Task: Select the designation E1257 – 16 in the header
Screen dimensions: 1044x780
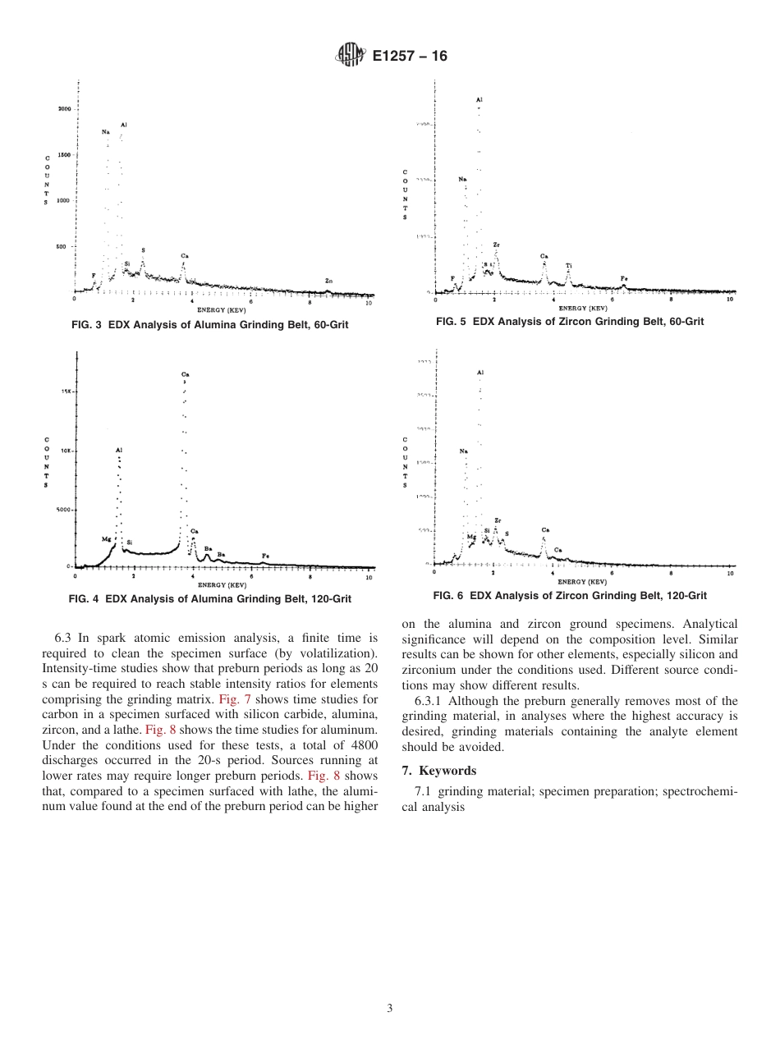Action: pyautogui.click(x=409, y=56)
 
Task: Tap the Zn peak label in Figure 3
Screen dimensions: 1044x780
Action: pyautogui.click(x=328, y=281)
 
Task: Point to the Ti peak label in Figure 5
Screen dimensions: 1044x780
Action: pyautogui.click(x=568, y=265)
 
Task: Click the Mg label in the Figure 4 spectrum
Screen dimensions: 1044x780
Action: pyautogui.click(x=106, y=539)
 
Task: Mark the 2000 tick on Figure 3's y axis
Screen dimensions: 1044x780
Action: pyautogui.click(x=64, y=108)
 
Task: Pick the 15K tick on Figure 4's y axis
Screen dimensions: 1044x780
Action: pyautogui.click(x=67, y=391)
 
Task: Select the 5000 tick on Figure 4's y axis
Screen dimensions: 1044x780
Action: pyautogui.click(x=64, y=510)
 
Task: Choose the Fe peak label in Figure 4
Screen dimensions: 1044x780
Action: pyautogui.click(x=265, y=556)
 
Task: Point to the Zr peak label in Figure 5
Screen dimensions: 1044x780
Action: pyautogui.click(x=497, y=245)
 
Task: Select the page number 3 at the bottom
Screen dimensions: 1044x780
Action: pyautogui.click(x=390, y=1009)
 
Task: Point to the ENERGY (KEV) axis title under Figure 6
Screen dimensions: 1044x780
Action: pyautogui.click(x=582, y=581)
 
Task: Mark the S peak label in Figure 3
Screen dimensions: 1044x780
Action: pyautogui.click(x=143, y=250)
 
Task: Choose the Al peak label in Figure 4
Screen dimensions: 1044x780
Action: pyautogui.click(x=119, y=450)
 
